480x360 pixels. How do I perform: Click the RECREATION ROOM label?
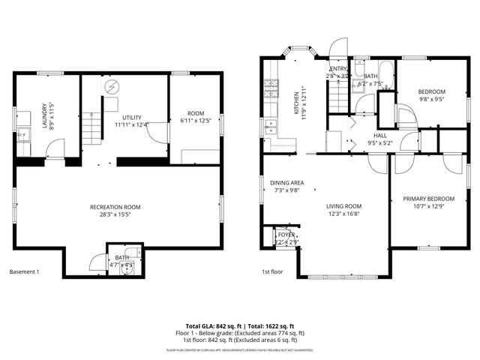[x=115, y=206]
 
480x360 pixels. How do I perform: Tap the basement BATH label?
[x=121, y=257]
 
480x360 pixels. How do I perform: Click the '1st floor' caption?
[x=273, y=271]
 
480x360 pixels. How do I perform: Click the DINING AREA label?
[x=286, y=182]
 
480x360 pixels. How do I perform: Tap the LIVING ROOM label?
[x=343, y=206]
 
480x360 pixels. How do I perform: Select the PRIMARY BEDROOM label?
[x=424, y=199]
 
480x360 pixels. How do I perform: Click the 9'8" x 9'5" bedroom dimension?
[x=431, y=98]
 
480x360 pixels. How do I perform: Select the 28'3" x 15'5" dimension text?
[x=115, y=214]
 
